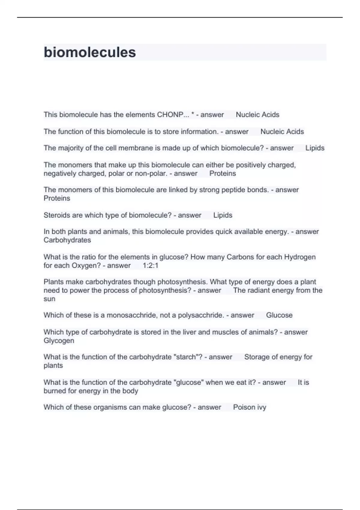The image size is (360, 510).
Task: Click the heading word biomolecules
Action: point(90,52)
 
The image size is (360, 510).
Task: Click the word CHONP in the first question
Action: point(170,115)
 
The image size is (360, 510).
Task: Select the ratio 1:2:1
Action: point(150,265)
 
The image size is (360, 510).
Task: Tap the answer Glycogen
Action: point(59,341)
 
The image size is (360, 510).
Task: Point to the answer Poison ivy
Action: point(250,407)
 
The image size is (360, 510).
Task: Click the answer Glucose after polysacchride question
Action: point(279,315)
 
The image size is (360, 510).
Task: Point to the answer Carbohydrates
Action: point(67,240)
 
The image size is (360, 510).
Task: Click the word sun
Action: point(49,299)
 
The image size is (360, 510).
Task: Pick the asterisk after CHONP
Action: point(193,114)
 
